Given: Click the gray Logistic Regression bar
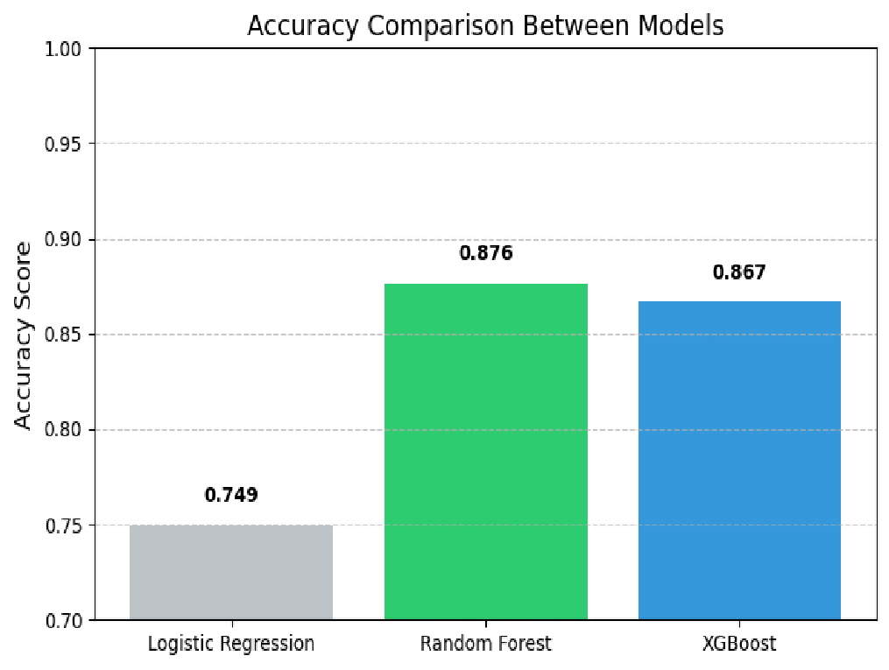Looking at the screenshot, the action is coord(231,573).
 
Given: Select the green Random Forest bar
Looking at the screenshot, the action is coord(486,452).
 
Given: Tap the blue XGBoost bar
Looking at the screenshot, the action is coord(739,461).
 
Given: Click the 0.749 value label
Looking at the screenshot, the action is coord(231,495).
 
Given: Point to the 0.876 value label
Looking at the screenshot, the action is coord(486,253).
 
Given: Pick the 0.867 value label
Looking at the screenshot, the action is coord(739,272).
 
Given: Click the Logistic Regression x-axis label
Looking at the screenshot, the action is coord(231,644).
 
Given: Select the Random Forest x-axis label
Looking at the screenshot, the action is coord(486,644).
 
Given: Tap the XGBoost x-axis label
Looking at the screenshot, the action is coord(739,644).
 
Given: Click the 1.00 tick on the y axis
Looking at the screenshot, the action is coord(63,49).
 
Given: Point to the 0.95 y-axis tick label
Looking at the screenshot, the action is coord(63,144).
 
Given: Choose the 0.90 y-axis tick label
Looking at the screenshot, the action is coord(63,240).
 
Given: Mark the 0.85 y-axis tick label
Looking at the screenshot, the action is coord(63,335).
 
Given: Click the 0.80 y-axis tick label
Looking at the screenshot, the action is coord(63,430).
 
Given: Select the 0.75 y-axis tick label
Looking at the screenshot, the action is coord(63,525).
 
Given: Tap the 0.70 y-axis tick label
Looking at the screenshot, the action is coord(63,621).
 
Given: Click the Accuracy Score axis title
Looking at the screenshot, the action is coord(23,335).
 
